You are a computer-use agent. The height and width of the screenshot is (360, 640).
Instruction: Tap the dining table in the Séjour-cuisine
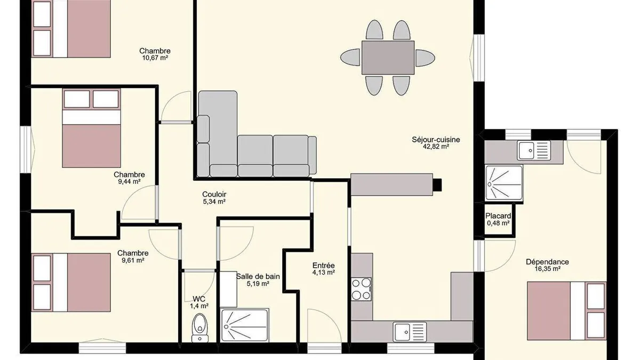(388, 58)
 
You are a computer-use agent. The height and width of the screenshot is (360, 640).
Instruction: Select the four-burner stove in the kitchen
(361, 289)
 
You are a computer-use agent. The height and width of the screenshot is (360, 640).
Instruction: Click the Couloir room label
(214, 194)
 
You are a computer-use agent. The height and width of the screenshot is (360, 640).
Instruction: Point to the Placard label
(498, 216)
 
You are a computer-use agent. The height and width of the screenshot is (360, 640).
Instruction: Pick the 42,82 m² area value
(436, 147)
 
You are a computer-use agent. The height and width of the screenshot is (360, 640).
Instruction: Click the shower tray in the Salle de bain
(245, 325)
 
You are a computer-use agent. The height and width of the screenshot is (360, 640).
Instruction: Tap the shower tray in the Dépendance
(504, 182)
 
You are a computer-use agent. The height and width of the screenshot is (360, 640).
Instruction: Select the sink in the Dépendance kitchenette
(534, 150)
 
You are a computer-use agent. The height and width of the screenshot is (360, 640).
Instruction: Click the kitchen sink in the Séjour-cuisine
(410, 332)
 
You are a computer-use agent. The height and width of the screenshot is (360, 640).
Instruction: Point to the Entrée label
(323, 266)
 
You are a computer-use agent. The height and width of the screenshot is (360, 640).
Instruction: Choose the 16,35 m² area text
(547, 269)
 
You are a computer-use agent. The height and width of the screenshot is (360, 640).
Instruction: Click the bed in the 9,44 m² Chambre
(91, 128)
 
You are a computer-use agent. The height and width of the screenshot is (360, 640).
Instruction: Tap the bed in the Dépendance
(567, 311)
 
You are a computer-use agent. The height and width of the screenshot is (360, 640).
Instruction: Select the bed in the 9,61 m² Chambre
(71, 282)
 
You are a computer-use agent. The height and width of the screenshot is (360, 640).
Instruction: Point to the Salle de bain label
(258, 277)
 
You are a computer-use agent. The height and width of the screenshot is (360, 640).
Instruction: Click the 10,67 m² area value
(155, 58)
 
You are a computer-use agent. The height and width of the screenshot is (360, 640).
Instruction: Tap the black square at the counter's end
(437, 185)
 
